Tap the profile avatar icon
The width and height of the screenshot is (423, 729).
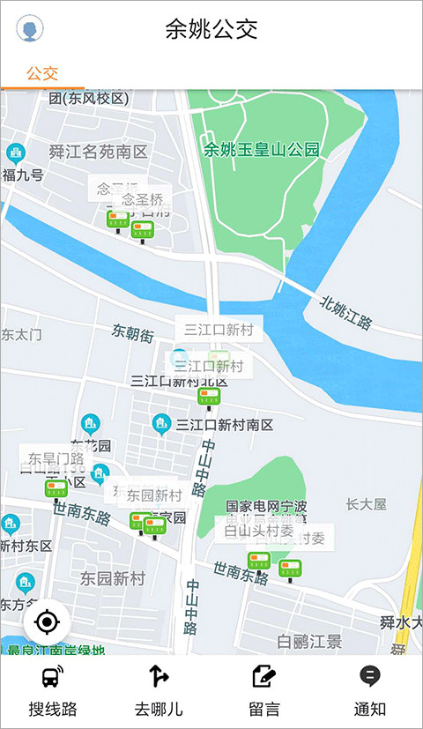pos(30,29)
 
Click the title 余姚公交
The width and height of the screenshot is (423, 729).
pos(211,29)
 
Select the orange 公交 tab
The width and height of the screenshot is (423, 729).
pos(41,73)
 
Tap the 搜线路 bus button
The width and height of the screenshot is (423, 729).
pos(53,692)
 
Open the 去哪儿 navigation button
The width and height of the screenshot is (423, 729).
pos(159,692)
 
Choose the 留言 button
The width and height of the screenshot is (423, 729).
pos(264,692)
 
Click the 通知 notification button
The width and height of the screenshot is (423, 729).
pos(370,692)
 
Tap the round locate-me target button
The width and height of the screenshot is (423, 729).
pos(48,623)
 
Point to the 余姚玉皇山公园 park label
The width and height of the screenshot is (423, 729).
pos(262,150)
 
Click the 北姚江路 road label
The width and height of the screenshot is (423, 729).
pos(346,312)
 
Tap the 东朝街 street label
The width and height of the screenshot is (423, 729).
pos(133,333)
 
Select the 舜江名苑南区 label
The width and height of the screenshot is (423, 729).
pos(99,152)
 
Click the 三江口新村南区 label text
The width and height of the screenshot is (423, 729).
pos(225,425)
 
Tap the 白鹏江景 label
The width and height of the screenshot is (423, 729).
pos(309,641)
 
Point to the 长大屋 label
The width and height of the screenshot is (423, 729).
pos(367,504)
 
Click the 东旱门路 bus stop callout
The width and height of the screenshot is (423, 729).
pos(56,458)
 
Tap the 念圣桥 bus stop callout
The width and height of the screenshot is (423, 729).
pos(142,199)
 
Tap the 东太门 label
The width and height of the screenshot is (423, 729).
pos(21,335)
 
